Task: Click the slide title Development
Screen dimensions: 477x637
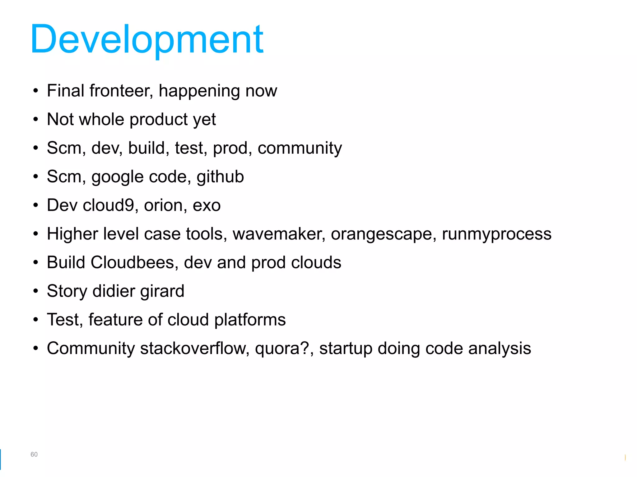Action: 147,40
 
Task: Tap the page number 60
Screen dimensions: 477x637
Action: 34,454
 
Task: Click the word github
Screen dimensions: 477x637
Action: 220,177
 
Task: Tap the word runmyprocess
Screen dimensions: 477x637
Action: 496,234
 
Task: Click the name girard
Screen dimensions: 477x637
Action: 162,291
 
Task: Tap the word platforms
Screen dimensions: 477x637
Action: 250,320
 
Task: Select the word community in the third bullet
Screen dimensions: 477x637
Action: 300,148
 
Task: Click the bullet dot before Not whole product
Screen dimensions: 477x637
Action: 36,120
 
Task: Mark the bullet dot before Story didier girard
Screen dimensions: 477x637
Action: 36,291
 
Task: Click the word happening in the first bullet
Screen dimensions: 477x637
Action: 199,91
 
